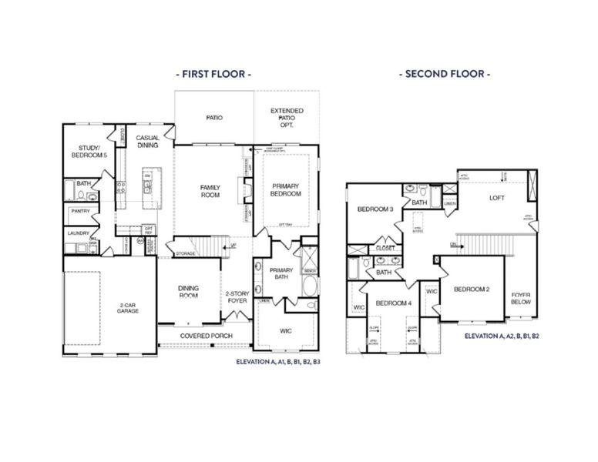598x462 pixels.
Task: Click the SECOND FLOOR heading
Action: pyautogui.click(x=445, y=74)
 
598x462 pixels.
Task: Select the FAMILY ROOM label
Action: pyautogui.click(x=210, y=191)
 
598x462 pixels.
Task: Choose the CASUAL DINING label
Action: pyautogui.click(x=148, y=141)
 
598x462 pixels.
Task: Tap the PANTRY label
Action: pyautogui.click(x=81, y=211)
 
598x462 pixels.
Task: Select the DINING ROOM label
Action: pyautogui.click(x=188, y=292)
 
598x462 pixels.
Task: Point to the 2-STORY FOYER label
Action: pyautogui.click(x=236, y=297)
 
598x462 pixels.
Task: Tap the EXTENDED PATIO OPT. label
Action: pyautogui.click(x=286, y=118)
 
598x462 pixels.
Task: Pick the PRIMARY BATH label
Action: pyautogui.click(x=279, y=273)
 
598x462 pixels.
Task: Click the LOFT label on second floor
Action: pyautogui.click(x=496, y=198)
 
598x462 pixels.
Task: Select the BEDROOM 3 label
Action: pyautogui.click(x=375, y=209)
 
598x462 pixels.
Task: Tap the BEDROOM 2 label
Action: pyautogui.click(x=472, y=290)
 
